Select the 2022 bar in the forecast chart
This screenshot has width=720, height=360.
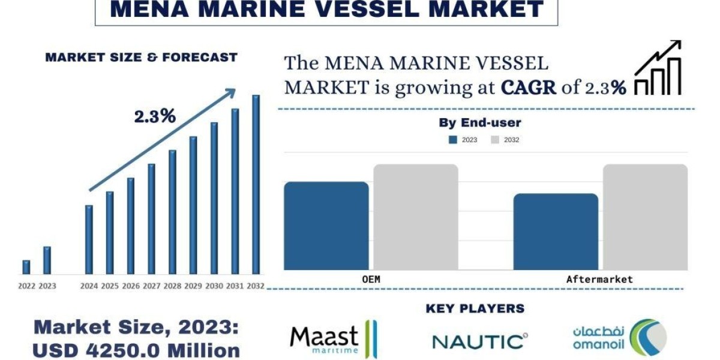point(26,267)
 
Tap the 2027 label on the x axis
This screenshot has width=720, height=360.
point(151,286)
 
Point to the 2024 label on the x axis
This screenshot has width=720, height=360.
point(89,286)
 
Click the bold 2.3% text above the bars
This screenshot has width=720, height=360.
point(155,116)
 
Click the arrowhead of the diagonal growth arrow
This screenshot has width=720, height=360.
point(230,92)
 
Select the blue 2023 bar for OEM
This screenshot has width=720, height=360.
point(326,226)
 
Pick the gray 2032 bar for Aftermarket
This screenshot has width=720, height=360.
point(645,217)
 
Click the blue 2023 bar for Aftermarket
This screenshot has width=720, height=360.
point(556,232)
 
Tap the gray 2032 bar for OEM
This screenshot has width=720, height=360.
point(416,217)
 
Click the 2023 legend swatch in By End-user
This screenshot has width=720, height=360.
point(453,140)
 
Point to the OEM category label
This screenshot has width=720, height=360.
point(371,280)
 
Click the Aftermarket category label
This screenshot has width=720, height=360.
point(599,280)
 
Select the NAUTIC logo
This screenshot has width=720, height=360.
point(480,341)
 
